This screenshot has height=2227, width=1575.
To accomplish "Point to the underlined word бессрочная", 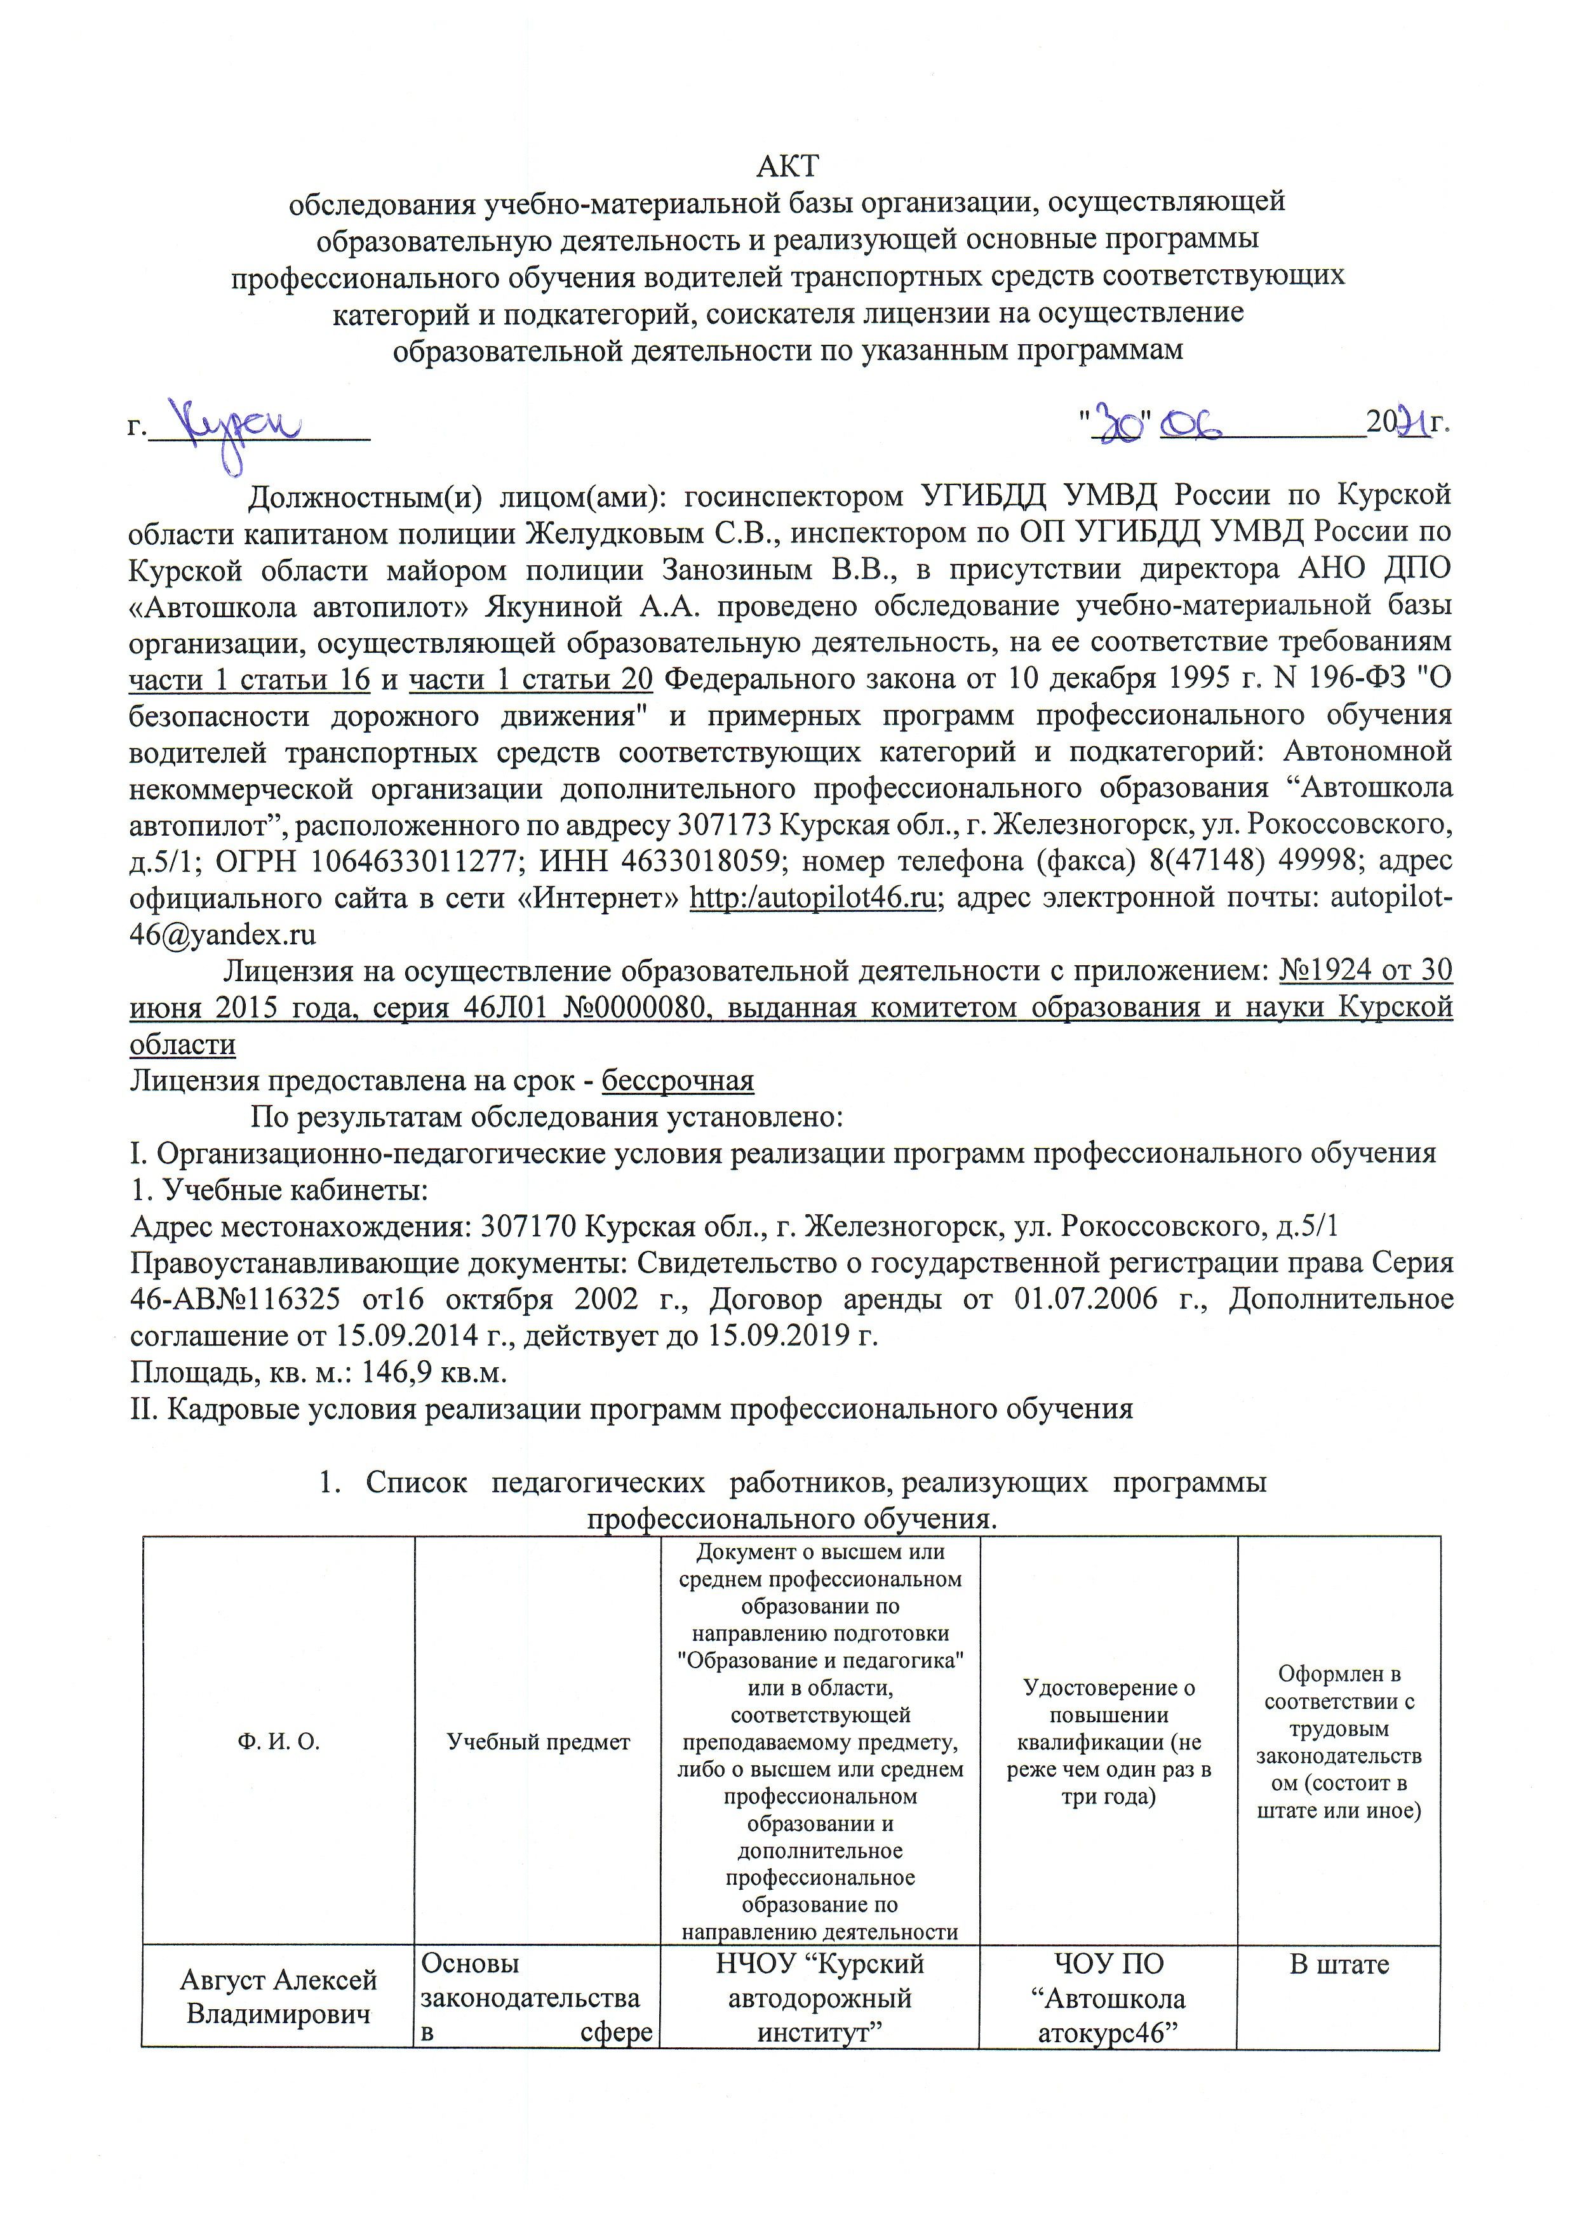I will point(678,1081).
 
